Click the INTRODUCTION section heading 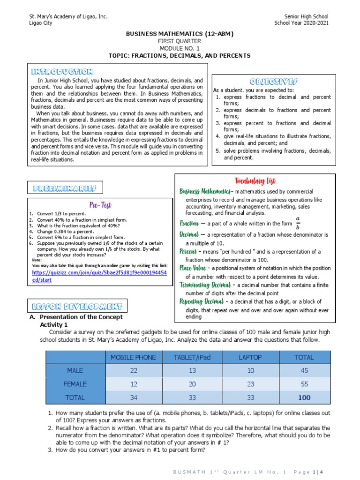point(62,72)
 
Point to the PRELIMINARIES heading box point(65,188)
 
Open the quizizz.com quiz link point(99,276)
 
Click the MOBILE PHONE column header point(133,357)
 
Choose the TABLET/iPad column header point(192,357)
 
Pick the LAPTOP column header point(250,357)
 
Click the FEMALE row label point(75,384)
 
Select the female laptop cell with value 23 point(250,384)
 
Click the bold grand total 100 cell point(304,397)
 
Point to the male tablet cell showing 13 point(192,371)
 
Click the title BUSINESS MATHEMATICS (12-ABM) point(180,34)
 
